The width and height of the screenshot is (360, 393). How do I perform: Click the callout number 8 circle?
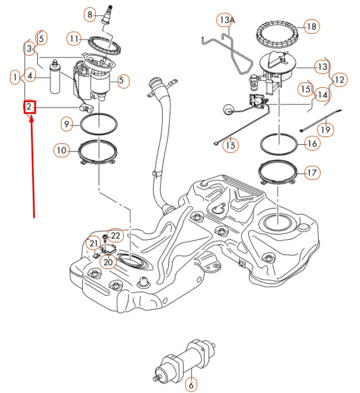(x=90, y=14)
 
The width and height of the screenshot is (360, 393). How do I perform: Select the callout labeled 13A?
(x=226, y=21)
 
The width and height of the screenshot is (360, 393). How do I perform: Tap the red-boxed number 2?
(x=30, y=107)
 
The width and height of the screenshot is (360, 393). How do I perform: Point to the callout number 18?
(x=312, y=27)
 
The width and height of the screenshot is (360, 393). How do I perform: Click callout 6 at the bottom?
(x=191, y=385)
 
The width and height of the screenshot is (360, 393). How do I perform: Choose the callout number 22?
(x=115, y=235)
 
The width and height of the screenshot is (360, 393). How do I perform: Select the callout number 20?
(x=108, y=261)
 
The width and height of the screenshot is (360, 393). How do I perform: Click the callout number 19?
(x=326, y=130)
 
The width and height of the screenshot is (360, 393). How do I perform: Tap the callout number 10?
(x=62, y=150)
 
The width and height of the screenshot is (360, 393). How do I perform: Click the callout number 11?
(x=74, y=38)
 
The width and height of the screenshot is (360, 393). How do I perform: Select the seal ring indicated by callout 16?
(x=279, y=143)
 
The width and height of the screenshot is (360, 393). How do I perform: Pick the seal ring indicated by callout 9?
(x=99, y=122)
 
